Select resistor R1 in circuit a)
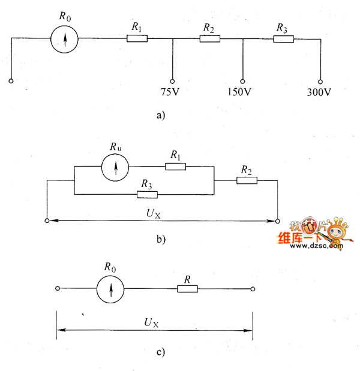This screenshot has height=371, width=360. tap(136, 39)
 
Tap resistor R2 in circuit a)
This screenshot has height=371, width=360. tap(209, 39)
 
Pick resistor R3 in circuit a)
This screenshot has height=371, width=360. tap(283, 39)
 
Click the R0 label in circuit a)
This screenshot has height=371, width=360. tap(65, 16)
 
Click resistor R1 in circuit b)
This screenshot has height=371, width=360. tap(176, 166)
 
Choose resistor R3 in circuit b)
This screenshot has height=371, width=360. tap(147, 194)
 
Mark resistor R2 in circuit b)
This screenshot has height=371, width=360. tap(246, 180)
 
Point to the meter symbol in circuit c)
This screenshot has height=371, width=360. tap(111, 289)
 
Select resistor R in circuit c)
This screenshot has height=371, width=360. tap(187, 289)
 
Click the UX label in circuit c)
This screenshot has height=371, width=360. tap(151, 322)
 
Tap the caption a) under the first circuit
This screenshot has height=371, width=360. tap(160, 116)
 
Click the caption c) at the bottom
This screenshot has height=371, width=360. tap(160, 352)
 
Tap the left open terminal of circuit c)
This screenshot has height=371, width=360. tap(57, 289)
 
